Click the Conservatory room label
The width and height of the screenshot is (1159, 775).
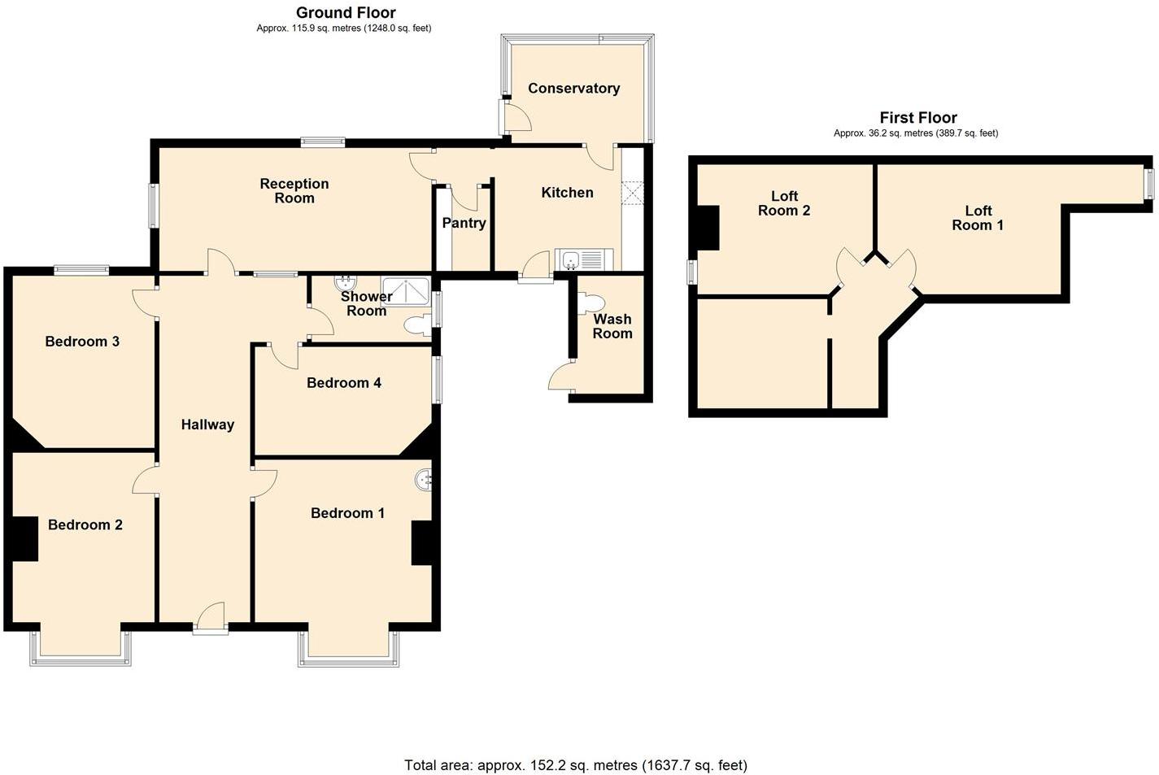573,88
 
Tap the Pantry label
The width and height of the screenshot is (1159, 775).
464,223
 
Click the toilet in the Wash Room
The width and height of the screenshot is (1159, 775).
588,303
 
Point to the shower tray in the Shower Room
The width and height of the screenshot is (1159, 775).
406,290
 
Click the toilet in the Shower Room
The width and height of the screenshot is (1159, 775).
417,325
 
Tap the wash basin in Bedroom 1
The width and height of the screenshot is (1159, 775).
424,481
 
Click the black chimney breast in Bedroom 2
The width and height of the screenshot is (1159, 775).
24,538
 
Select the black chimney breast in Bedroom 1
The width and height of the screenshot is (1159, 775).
422,542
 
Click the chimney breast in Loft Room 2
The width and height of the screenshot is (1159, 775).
706,228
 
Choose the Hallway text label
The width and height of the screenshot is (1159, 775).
207,425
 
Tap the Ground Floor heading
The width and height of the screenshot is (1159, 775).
346,12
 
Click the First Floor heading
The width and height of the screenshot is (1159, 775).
918,117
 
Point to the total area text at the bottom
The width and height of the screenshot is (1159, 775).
575,764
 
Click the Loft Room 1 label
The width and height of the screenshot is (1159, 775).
978,218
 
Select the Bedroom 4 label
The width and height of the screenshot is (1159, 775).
343,383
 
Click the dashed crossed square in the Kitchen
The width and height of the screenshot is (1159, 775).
632,193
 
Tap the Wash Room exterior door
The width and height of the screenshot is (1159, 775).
562,378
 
